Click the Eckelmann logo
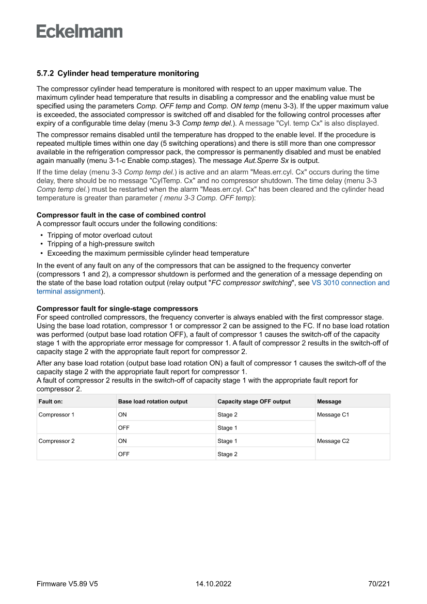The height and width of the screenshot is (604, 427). (x=80, y=32)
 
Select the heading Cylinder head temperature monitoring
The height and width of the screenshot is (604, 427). (x=128, y=74)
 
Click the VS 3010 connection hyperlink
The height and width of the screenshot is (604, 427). (x=350, y=283)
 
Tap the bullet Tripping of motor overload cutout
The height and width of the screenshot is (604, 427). (x=100, y=235)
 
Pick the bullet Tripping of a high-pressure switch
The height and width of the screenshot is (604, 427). (x=101, y=244)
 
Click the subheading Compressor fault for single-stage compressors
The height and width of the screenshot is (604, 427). (x=117, y=308)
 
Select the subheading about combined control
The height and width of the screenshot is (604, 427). (x=121, y=215)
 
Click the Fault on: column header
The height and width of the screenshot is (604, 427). (x=51, y=401)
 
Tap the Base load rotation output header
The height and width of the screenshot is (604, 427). (x=153, y=401)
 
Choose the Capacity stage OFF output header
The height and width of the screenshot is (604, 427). (x=254, y=401)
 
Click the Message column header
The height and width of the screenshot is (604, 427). (x=329, y=401)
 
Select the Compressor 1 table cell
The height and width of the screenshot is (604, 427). (x=56, y=415)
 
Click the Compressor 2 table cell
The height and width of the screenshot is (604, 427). (x=56, y=441)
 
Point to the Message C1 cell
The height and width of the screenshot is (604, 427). (x=333, y=415)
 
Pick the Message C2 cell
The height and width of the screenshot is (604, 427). (x=333, y=441)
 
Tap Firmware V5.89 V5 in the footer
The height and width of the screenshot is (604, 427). (x=67, y=584)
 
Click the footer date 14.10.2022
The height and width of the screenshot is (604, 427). (x=213, y=584)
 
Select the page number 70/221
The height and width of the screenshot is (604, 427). (x=379, y=584)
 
